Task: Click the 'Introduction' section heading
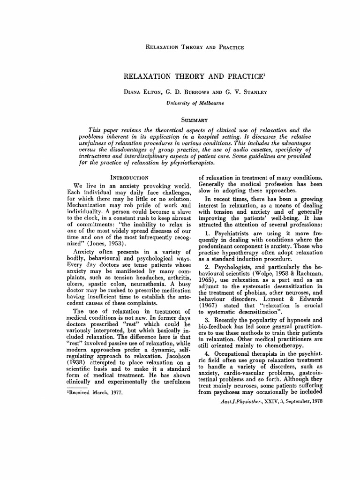[x=129, y=178]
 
